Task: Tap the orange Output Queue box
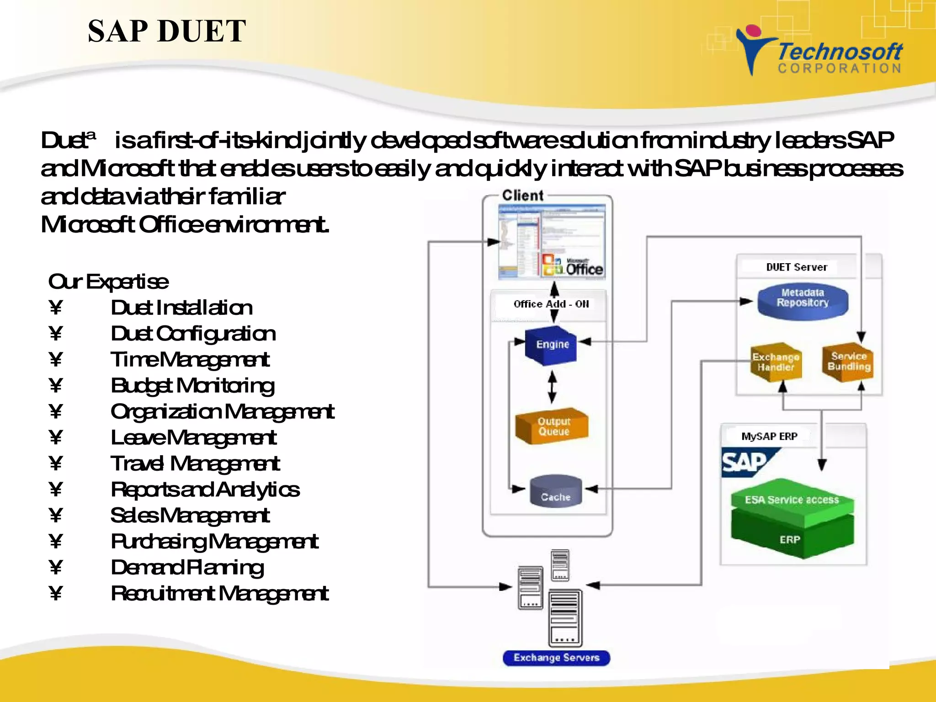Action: tap(552, 426)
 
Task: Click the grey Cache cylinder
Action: tap(556, 492)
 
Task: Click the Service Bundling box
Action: tap(849, 362)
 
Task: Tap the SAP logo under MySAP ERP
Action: tap(745, 463)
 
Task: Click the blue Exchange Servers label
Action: tap(556, 658)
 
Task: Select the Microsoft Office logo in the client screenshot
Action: tap(573, 266)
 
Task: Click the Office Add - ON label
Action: tap(551, 304)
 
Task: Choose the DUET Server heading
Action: tap(797, 267)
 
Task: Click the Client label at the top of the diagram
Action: tap(523, 196)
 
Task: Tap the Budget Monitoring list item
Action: tap(192, 386)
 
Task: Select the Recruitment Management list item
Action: tap(219, 594)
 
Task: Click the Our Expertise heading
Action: tap(108, 282)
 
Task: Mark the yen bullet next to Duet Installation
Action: tap(56, 308)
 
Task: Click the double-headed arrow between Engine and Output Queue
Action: tap(552, 387)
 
